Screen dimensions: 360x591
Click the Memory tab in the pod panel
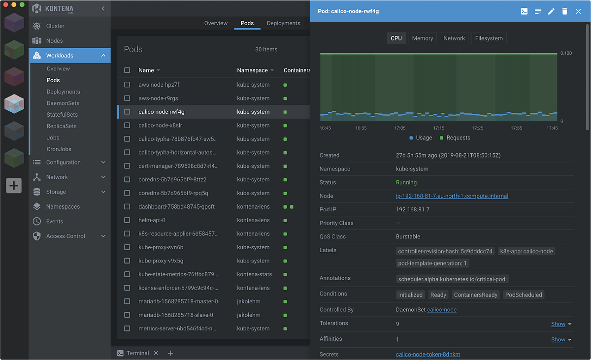[423, 38]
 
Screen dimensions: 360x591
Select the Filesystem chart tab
[489, 38]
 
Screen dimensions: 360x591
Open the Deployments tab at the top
[283, 23]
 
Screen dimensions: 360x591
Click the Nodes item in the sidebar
[54, 41]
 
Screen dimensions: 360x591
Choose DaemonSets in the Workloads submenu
[63, 103]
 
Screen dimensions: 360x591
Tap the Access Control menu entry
[66, 236]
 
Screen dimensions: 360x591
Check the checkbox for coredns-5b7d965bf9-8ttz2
[127, 180]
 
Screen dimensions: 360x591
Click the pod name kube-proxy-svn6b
[161, 247]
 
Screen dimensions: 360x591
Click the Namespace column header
[252, 70]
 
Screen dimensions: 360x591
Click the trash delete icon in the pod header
[565, 11]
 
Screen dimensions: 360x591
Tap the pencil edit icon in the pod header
[551, 11]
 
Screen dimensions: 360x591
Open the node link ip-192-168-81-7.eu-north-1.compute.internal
[452, 196]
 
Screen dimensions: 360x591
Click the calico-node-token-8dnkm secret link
[428, 355]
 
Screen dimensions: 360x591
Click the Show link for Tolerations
[558, 324]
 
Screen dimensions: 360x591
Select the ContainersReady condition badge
[475, 295]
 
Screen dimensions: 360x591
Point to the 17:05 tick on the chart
[400, 128]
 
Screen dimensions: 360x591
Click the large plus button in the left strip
[14, 186]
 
